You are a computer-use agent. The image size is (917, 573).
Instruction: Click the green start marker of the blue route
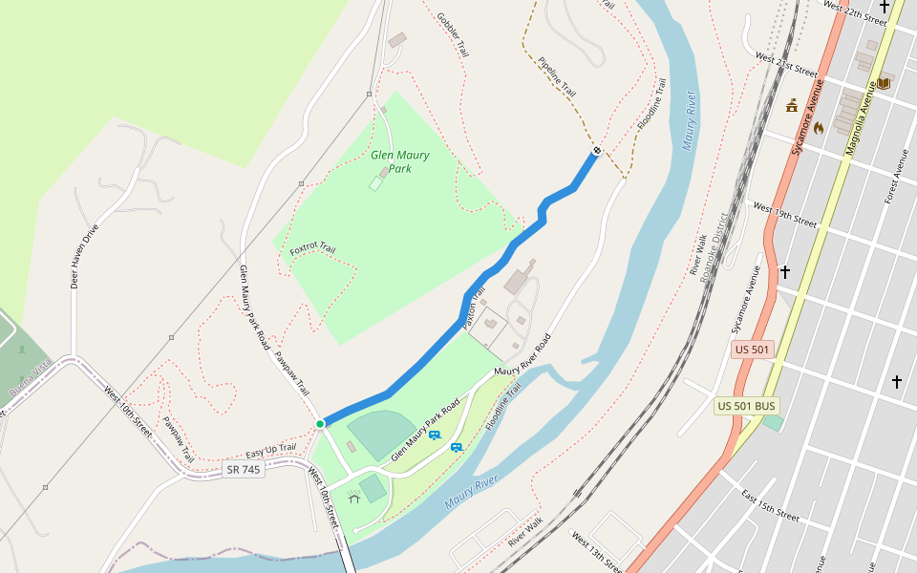pyautogui.click(x=320, y=423)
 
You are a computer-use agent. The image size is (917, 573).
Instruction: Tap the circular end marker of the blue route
pyautogui.click(x=596, y=150)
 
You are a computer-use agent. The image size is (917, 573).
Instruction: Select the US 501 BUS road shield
pyautogui.click(x=745, y=407)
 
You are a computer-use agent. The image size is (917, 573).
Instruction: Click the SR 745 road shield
pyautogui.click(x=244, y=469)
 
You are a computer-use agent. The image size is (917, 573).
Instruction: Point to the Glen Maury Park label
pyautogui.click(x=400, y=161)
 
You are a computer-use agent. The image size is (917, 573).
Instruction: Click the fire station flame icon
pyautogui.click(x=819, y=126)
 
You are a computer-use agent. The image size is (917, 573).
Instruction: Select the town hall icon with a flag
pyautogui.click(x=792, y=106)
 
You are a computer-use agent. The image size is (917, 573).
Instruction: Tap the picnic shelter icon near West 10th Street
pyautogui.click(x=354, y=497)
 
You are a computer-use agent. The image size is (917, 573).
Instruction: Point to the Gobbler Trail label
pyautogui.click(x=453, y=34)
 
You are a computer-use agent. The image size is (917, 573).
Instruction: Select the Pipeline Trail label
pyautogui.click(x=557, y=76)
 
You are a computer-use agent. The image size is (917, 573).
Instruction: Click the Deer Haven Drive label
pyautogui.click(x=84, y=256)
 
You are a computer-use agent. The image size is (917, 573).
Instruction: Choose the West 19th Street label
pyautogui.click(x=785, y=214)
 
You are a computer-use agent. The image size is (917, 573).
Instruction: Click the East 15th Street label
pyautogui.click(x=770, y=505)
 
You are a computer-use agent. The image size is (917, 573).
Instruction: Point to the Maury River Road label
pyautogui.click(x=522, y=355)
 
